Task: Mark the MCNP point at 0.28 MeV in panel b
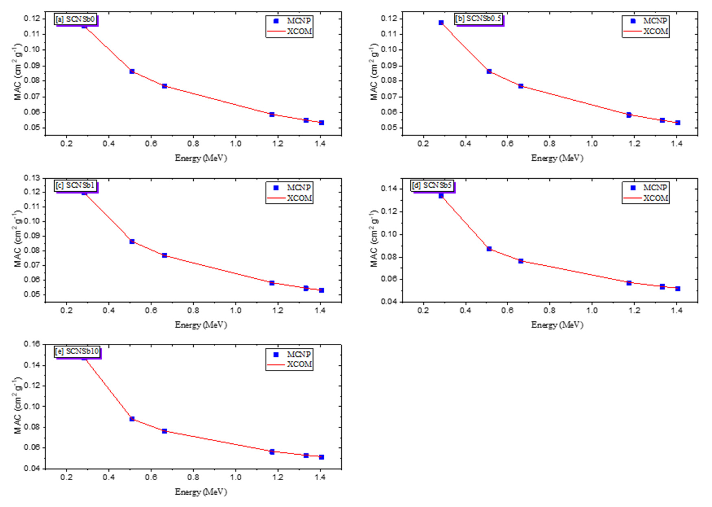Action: point(441,23)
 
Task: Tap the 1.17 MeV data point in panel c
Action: point(272,283)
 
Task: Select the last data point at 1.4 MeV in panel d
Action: point(678,289)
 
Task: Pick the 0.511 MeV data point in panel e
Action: point(132,419)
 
